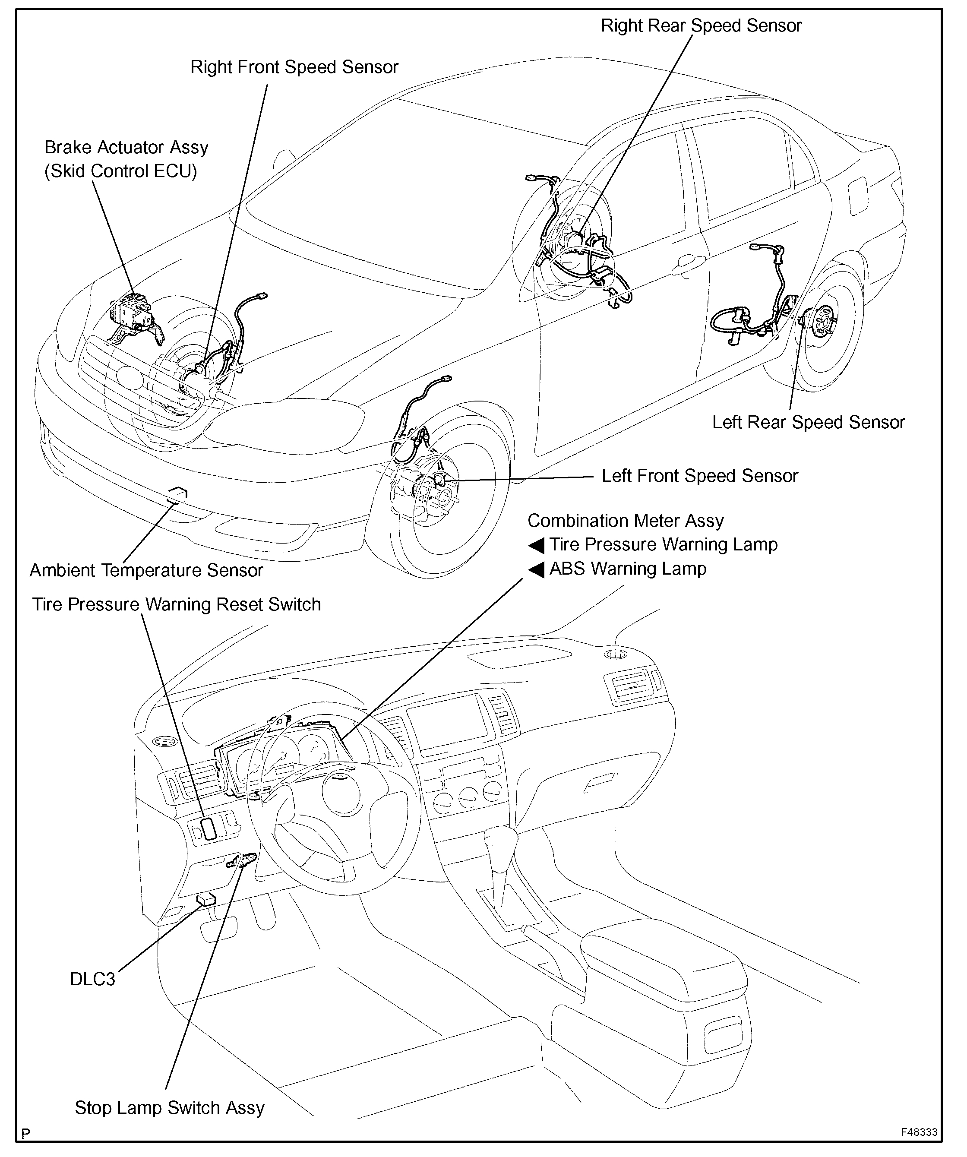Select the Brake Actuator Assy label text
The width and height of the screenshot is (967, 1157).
click(x=126, y=148)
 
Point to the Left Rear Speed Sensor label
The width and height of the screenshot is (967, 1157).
click(x=808, y=423)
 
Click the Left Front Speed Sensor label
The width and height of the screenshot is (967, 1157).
click(x=699, y=476)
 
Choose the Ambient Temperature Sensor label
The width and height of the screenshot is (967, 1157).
click(x=146, y=570)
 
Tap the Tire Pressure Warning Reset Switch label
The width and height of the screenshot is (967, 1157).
click(x=176, y=604)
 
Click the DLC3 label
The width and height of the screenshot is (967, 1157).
click(x=92, y=979)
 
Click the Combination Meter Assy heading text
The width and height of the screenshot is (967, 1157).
click(x=626, y=521)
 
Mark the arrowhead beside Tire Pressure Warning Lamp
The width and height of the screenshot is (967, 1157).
click(x=536, y=545)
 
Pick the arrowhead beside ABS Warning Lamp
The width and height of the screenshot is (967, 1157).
click(x=536, y=569)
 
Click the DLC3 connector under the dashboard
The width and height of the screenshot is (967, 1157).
click(x=206, y=900)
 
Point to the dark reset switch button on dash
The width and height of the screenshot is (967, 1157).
click(x=209, y=828)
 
